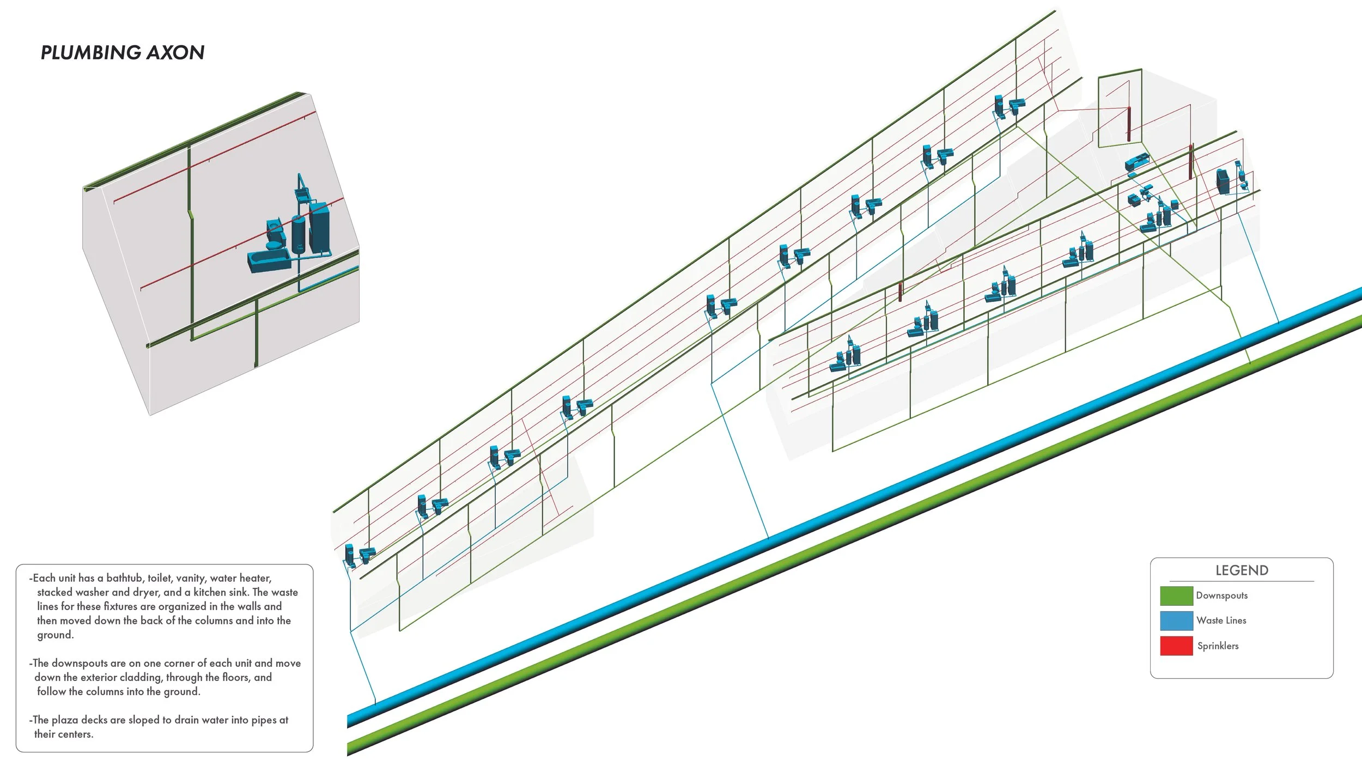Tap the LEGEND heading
pyautogui.click(x=1242, y=570)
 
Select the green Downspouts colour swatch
pyautogui.click(x=1176, y=595)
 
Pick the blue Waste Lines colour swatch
pyautogui.click(x=1176, y=621)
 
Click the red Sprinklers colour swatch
pyautogui.click(x=1176, y=646)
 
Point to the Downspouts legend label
pyautogui.click(x=1221, y=595)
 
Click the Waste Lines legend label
pyautogui.click(x=1221, y=621)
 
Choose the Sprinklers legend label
pyautogui.click(x=1218, y=646)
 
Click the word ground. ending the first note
pyautogui.click(x=55, y=635)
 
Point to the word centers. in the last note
pyautogui.click(x=64, y=734)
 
